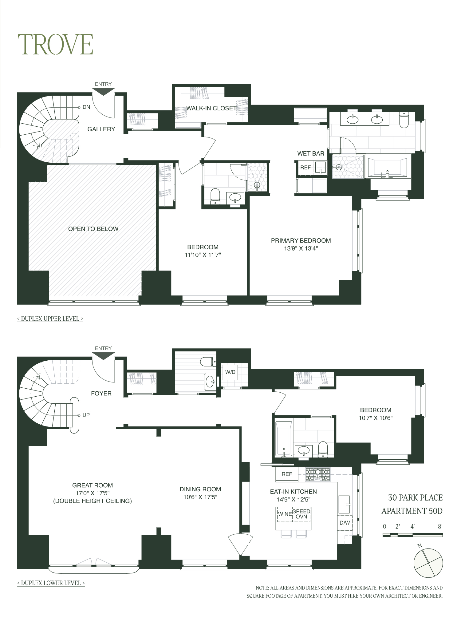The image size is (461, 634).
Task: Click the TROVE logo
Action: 55,45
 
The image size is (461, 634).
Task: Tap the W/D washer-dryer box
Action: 230,372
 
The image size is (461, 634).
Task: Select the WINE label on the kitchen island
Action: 285,514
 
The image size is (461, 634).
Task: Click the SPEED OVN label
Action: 301,514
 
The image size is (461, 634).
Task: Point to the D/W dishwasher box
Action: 345,523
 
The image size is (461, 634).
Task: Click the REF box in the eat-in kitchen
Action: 287,474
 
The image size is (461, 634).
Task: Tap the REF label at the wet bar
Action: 305,168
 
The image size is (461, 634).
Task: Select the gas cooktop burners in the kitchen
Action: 317,475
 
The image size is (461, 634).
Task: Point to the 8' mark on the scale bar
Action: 440,526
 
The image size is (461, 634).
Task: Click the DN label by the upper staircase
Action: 86,107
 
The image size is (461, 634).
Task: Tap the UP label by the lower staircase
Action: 86,415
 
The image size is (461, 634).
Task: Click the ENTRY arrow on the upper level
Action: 104,92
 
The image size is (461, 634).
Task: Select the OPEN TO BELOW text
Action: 93,229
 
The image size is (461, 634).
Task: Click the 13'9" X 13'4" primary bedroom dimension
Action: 301,248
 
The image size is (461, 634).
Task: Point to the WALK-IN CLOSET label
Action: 211,108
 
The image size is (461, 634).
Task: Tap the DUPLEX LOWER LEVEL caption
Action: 51,583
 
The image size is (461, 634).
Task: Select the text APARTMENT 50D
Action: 412,511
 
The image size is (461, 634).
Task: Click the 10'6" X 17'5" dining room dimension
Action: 200,497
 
